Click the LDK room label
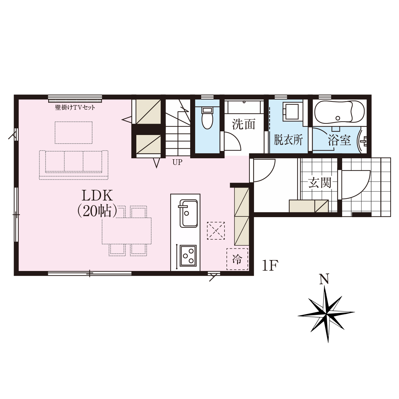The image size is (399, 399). [97, 196]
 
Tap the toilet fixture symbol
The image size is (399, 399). [207, 118]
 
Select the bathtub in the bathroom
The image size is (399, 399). [339, 112]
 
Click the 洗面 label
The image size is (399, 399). [243, 124]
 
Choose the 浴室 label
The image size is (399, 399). [339, 140]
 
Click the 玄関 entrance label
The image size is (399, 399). [320, 183]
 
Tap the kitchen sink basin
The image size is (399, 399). [189, 213]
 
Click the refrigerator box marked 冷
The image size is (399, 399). [237, 259]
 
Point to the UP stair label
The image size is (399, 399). [178, 162]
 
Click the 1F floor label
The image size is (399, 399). [270, 265]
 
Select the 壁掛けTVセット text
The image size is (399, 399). [75, 107]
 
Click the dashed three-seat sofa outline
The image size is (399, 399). [73, 165]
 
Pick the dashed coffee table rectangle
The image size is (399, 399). [73, 133]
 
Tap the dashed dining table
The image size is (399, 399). [126, 231]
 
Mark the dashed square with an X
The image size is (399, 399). [216, 231]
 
